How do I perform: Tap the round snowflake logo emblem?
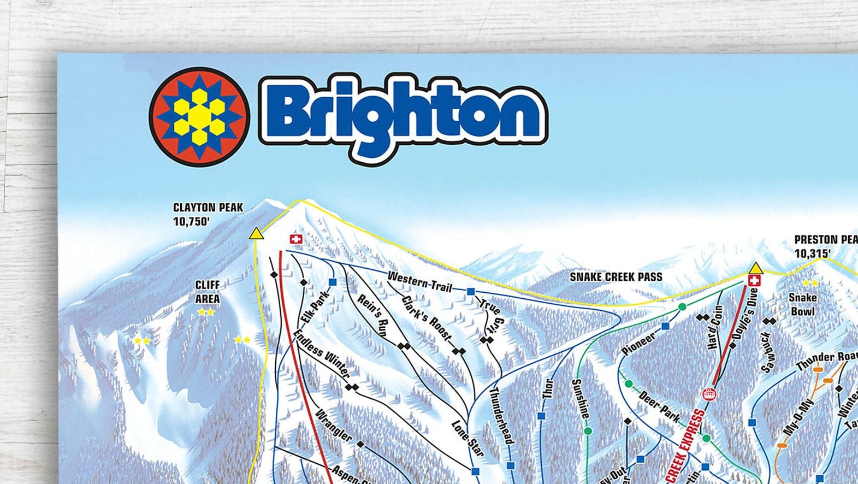[x=199, y=116]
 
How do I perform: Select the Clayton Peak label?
[x=208, y=208]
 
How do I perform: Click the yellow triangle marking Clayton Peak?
[x=255, y=234]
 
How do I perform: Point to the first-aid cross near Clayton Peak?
[x=295, y=239]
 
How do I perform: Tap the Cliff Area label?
[x=208, y=292]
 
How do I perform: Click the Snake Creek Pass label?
[x=616, y=277]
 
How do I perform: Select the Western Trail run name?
[x=419, y=281]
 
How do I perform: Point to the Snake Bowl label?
[x=802, y=304]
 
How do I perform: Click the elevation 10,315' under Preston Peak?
[x=812, y=253]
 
